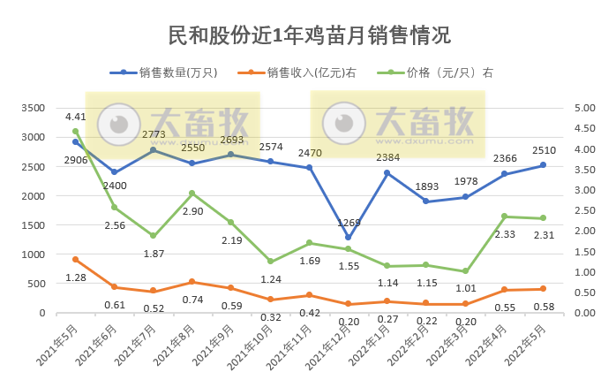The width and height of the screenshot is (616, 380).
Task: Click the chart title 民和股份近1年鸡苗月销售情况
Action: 308,35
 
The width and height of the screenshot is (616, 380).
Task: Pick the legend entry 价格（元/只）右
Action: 450,73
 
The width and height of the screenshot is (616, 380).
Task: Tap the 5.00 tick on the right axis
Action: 586,108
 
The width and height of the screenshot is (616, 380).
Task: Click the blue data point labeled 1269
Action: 348,237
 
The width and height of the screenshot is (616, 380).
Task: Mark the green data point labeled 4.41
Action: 75,132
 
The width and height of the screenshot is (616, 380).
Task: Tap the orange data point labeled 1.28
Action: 75,260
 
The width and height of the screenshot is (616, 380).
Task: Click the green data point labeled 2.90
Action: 192,194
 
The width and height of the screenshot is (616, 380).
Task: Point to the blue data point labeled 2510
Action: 543,165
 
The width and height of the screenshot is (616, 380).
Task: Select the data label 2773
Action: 154,135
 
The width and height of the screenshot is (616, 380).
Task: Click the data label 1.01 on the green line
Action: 465,287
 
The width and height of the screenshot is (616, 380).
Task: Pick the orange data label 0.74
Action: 192,300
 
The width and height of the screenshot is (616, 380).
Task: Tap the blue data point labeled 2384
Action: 387,172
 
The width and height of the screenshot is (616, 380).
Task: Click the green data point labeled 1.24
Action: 270,262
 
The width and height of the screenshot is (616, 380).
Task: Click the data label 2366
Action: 504,158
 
